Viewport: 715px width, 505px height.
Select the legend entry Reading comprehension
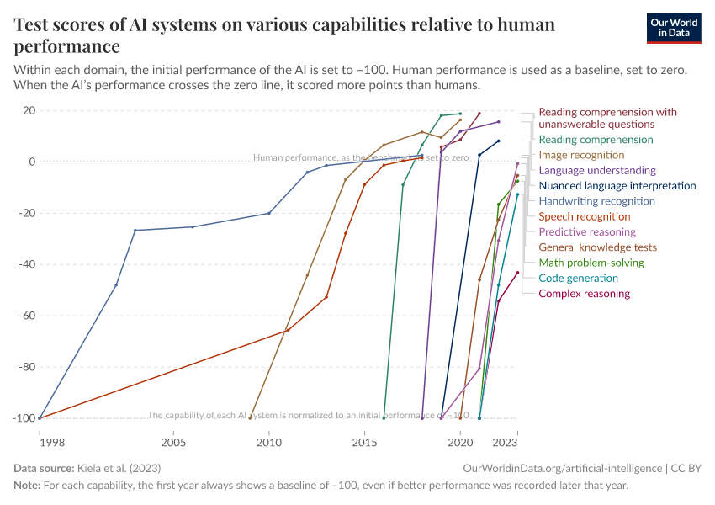[x=596, y=140]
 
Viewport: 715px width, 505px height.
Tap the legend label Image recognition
[x=581, y=155]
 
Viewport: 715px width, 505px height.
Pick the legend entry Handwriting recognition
[x=596, y=201]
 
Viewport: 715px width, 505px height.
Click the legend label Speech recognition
[x=585, y=216]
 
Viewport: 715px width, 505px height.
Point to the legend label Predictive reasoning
[x=587, y=232]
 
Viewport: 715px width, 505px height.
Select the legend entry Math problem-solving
[x=591, y=263]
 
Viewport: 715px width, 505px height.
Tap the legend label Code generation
[x=578, y=278]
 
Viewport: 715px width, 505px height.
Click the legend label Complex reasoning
[x=584, y=294]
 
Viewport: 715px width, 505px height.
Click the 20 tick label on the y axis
[x=28, y=110]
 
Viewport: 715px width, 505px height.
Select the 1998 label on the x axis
[x=40, y=442]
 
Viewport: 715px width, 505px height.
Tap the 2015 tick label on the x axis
[x=364, y=442]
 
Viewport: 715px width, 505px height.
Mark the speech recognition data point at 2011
[x=288, y=330]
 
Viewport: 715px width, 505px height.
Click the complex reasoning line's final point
[x=517, y=273]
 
